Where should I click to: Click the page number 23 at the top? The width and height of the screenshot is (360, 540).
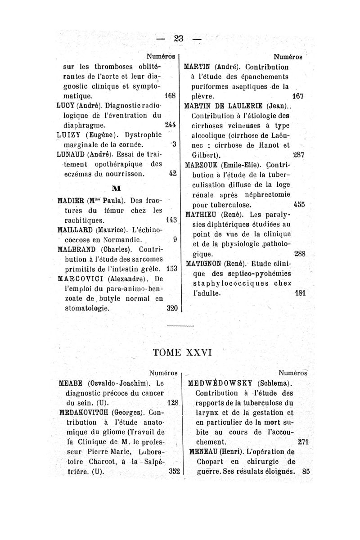[x=180, y=38]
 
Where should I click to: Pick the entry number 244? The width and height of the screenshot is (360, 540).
[x=171, y=124]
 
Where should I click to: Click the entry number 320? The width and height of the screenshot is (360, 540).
[x=171, y=309]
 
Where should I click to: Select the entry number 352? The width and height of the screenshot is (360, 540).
[x=173, y=471]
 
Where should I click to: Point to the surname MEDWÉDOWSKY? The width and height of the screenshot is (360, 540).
[x=219, y=383]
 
